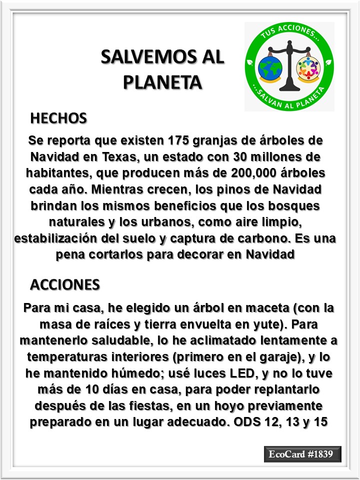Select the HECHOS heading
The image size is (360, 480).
58,118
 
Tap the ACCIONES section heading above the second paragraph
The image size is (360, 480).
65,284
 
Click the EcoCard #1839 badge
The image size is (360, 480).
302,454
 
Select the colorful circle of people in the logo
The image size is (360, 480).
308,69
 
